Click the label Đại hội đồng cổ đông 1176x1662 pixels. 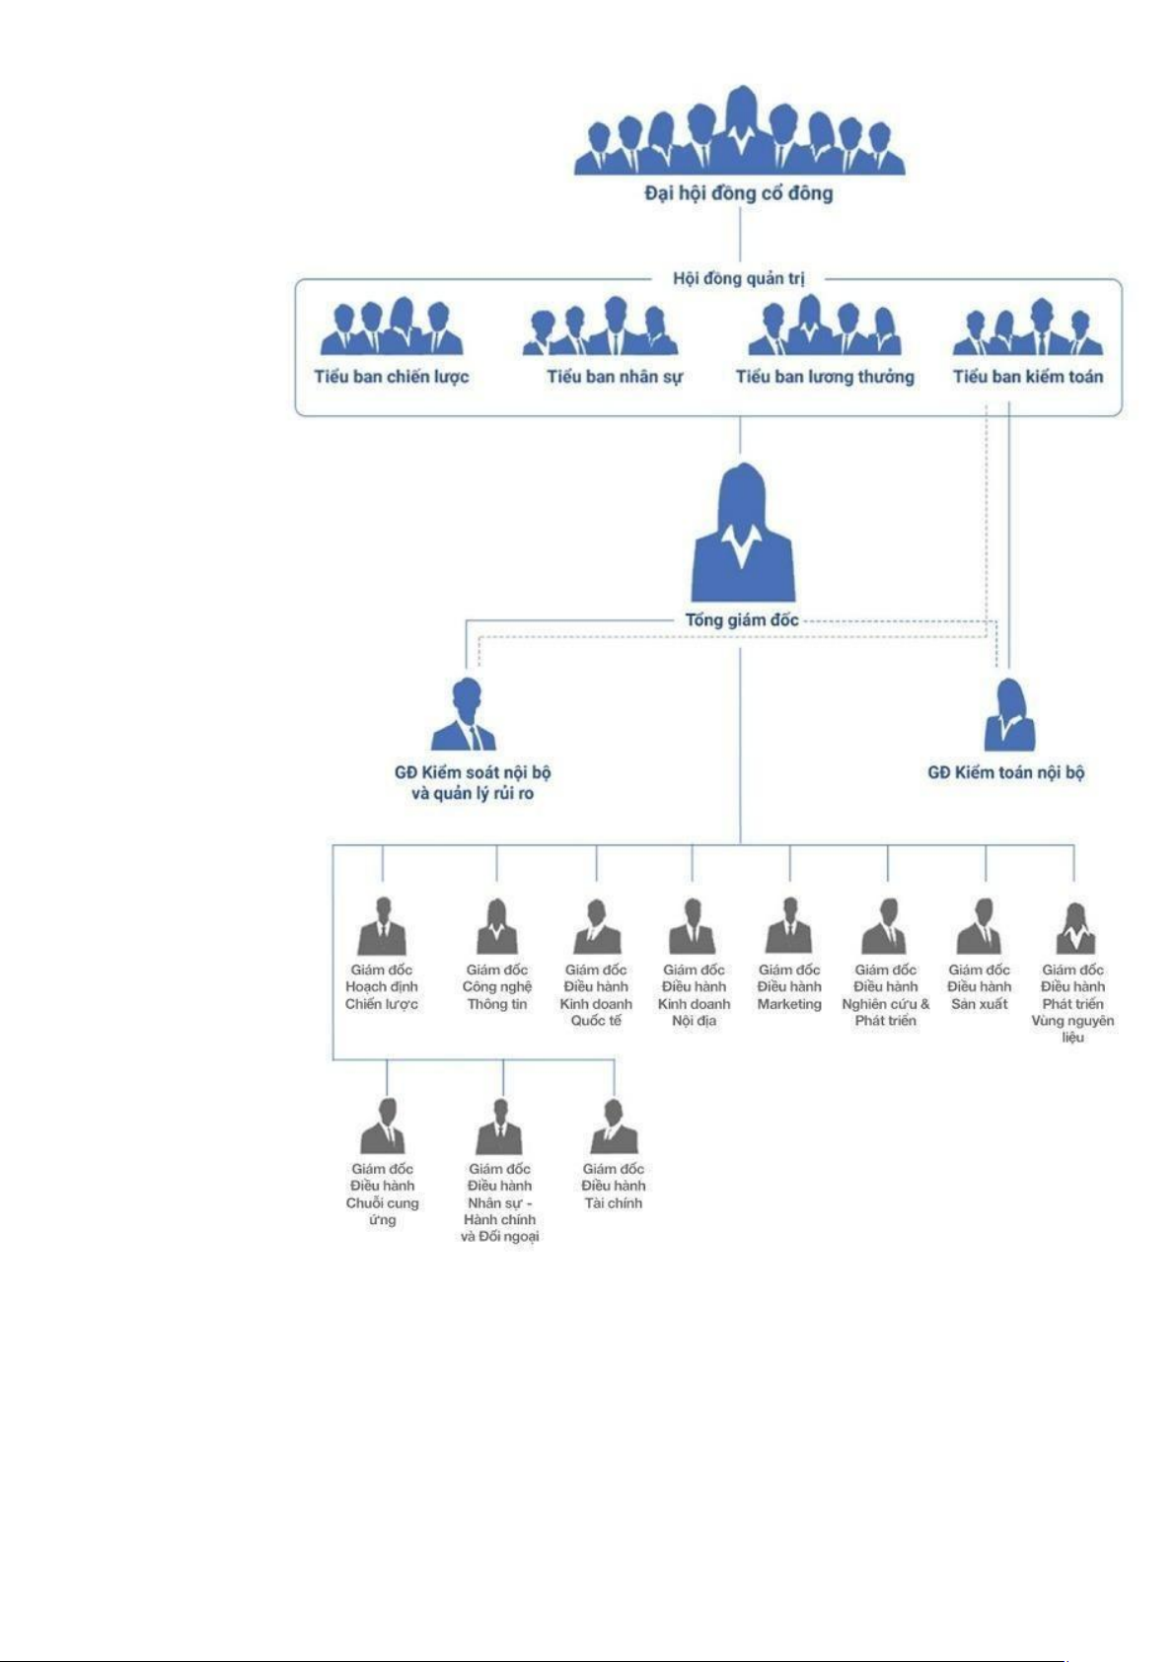739,193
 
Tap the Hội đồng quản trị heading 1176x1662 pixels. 739,278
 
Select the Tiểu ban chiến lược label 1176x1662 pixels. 392,376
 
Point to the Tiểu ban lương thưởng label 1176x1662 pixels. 825,376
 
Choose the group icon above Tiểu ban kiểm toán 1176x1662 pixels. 1027,327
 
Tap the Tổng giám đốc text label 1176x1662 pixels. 742,620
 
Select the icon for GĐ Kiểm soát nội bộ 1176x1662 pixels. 465,715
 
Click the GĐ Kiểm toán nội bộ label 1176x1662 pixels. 1005,772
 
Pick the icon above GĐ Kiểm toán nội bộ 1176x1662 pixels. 1009,716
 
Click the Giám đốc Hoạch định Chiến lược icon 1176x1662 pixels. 382,926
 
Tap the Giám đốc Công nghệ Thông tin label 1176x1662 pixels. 497,987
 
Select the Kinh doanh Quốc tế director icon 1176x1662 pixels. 597,926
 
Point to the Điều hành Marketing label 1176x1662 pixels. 789,987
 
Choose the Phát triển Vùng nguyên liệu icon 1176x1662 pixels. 1074,928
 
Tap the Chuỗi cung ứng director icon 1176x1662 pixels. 383,1126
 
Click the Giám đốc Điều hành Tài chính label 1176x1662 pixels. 613,1186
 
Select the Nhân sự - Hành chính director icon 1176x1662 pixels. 499,1126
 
